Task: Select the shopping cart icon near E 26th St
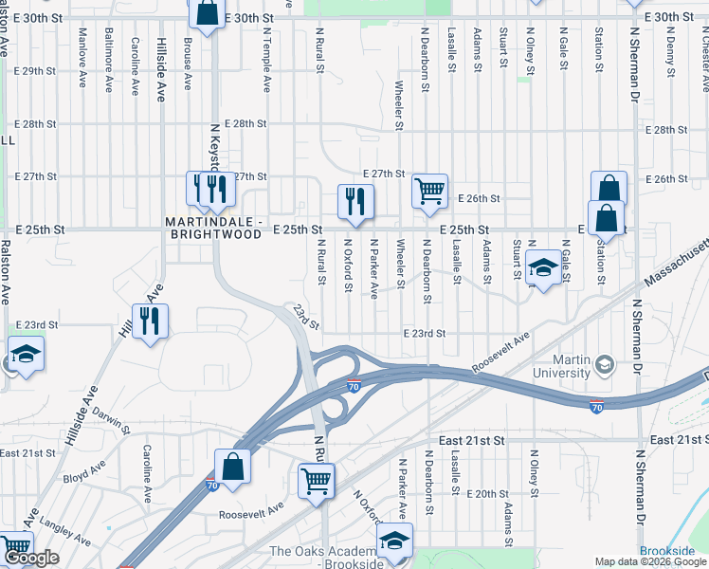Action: [429, 192]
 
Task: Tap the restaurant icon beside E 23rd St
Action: [151, 322]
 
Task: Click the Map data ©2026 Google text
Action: [650, 561]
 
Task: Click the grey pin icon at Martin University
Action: [605, 363]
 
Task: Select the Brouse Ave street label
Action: [188, 65]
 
